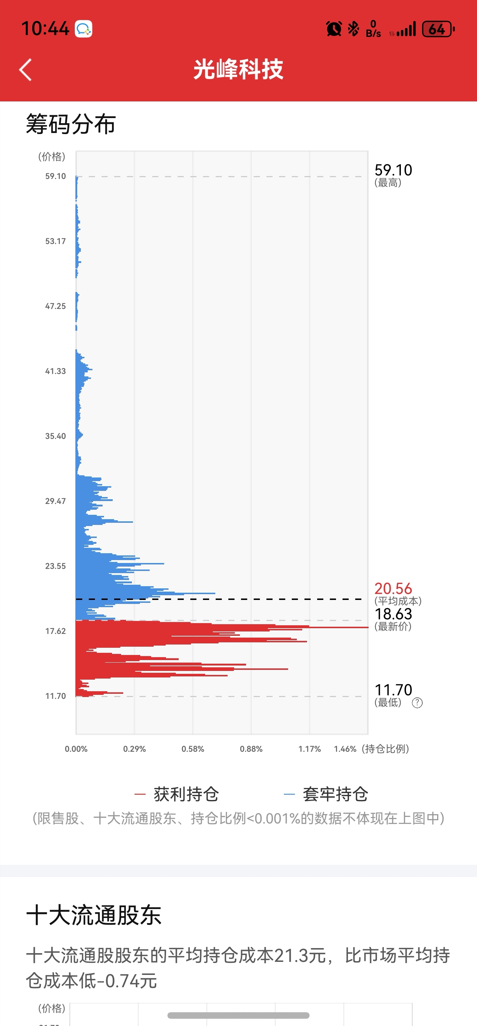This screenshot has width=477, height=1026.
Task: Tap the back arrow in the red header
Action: tap(25, 70)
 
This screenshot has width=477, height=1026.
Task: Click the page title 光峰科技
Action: tap(238, 69)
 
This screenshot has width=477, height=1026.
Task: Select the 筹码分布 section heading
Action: tap(71, 124)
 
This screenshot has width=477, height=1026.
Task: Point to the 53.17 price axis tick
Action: tap(55, 241)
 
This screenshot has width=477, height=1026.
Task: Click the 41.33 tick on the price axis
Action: tap(55, 371)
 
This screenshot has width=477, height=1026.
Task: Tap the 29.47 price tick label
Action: tap(55, 501)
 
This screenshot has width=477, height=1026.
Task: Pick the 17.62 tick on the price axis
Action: tap(55, 631)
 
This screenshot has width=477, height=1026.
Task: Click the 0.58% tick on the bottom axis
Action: tap(193, 749)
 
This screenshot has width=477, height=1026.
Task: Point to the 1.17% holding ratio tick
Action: tap(310, 749)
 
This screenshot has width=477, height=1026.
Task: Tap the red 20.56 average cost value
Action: tap(393, 588)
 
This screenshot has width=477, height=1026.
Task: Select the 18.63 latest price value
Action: tap(393, 614)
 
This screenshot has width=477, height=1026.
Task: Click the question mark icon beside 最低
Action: tap(417, 703)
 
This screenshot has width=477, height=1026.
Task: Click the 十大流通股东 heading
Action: tap(94, 915)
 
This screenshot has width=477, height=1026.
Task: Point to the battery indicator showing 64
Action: tap(438, 29)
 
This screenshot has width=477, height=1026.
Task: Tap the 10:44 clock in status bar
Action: tap(45, 29)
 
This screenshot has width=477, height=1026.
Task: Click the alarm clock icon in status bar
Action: tap(334, 29)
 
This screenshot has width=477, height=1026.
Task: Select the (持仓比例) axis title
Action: tap(385, 749)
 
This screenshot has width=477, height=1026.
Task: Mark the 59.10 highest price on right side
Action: tap(393, 170)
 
